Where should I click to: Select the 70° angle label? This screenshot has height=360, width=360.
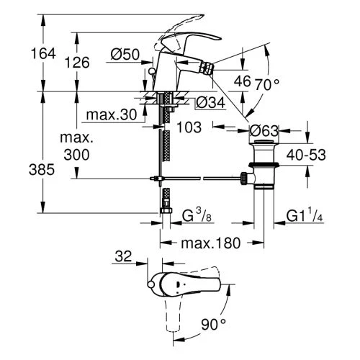tap(266, 84)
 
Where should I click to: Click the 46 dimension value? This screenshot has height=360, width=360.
tap(243, 82)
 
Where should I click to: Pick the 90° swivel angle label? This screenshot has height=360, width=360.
tap(213, 325)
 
